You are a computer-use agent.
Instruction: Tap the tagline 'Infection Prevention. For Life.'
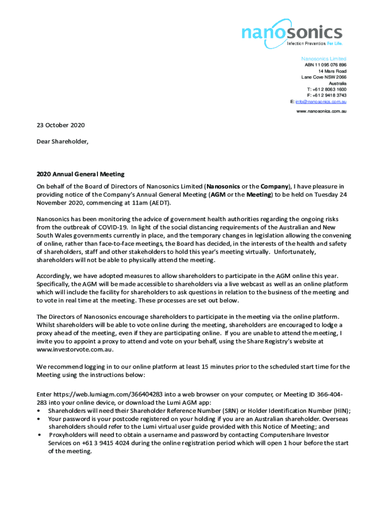click(314, 43)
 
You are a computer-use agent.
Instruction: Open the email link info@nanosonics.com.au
click(321, 102)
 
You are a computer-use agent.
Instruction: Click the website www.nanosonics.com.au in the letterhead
click(321, 111)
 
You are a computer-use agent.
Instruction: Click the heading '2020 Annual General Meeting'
click(80, 174)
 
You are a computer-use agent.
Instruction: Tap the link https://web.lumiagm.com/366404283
click(102, 394)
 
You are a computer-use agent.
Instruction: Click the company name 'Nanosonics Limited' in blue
click(324, 59)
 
